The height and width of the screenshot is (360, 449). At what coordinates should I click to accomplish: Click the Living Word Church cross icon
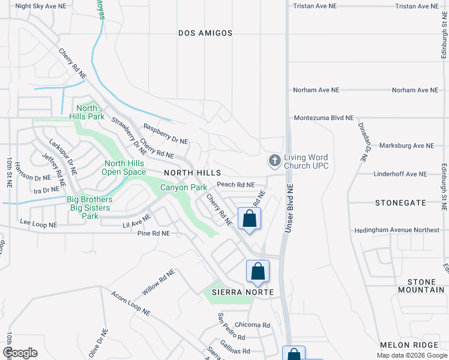click(274, 160)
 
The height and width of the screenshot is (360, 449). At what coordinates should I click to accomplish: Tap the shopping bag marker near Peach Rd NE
click(250, 219)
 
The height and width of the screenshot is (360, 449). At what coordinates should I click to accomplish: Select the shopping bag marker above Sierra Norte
click(258, 271)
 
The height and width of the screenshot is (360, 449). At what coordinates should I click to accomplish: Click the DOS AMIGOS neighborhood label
click(205, 34)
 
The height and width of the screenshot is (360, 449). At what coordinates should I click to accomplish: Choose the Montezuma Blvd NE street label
click(323, 119)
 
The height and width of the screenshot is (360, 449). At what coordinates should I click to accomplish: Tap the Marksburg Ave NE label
click(406, 146)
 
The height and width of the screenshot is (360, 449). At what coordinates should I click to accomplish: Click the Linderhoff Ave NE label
click(400, 174)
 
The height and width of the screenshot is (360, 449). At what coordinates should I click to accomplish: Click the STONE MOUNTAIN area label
click(421, 286)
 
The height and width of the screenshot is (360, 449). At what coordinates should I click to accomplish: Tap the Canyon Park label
click(183, 188)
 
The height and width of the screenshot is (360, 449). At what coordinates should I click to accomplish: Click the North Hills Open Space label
click(125, 167)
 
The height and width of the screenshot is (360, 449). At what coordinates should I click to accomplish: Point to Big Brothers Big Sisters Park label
click(89, 208)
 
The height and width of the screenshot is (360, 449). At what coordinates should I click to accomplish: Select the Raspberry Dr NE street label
click(166, 134)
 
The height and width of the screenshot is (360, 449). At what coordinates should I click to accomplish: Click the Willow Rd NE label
click(158, 281)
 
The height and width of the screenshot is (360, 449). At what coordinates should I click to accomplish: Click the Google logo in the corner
click(19, 352)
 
